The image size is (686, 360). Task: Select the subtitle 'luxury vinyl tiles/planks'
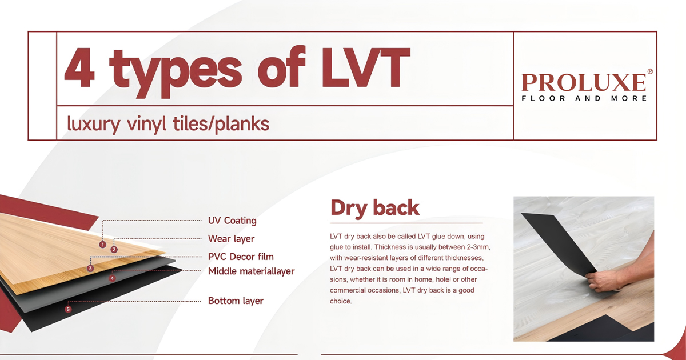click(x=168, y=123)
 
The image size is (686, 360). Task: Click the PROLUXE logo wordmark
click(x=584, y=83)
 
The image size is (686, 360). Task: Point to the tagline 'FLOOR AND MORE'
click(x=584, y=98)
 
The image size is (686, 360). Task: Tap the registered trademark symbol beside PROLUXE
click(x=649, y=72)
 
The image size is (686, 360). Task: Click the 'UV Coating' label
click(x=232, y=221)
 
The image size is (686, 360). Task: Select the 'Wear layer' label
click(x=231, y=238)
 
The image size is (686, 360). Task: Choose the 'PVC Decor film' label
click(x=241, y=257)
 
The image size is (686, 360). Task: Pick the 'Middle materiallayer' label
click(x=251, y=271)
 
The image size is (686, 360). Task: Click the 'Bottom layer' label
click(x=236, y=301)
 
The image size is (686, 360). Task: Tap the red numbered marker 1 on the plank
click(x=103, y=245)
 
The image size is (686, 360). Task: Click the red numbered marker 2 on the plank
click(x=114, y=249)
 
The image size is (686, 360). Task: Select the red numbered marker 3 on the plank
click(x=90, y=268)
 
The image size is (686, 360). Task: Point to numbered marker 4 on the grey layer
click(x=112, y=278)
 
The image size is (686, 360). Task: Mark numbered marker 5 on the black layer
click(x=69, y=309)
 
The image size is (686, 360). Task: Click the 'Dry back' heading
click(x=374, y=207)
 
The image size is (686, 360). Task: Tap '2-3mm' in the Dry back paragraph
click(x=476, y=247)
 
